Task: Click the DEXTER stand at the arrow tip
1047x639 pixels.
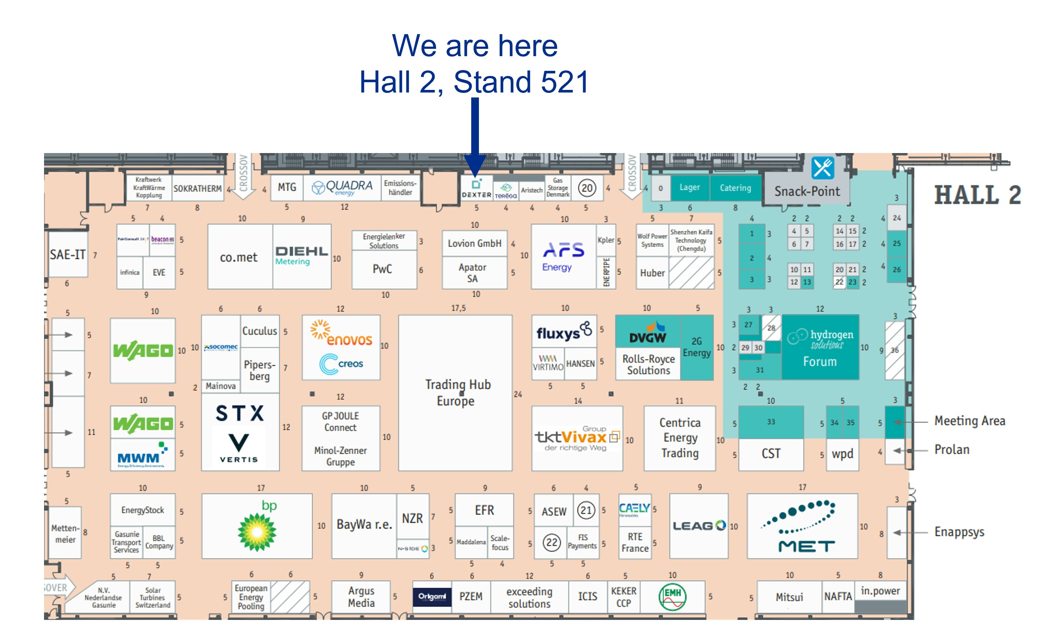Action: pos(476,188)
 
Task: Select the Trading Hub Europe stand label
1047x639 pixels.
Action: pos(457,393)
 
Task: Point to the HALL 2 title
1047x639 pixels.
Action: pos(977,195)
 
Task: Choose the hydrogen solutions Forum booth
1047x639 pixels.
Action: pos(820,347)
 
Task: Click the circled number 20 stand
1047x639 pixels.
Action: pos(587,188)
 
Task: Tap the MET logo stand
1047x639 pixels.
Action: pos(802,526)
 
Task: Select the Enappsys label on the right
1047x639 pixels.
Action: pos(959,532)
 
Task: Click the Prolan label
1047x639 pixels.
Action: pos(952,450)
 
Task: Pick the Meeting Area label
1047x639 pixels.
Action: pos(970,421)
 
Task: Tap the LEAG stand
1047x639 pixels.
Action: pos(699,526)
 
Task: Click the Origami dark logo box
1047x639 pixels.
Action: pos(432,596)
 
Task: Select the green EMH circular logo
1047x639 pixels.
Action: pos(672,596)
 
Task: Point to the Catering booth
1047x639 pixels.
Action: pos(735,188)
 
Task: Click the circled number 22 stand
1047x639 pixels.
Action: pos(552,542)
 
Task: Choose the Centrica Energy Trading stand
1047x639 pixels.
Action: pos(680,438)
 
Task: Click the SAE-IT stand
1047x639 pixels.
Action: pos(68,255)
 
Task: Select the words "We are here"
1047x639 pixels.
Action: pos(475,46)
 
